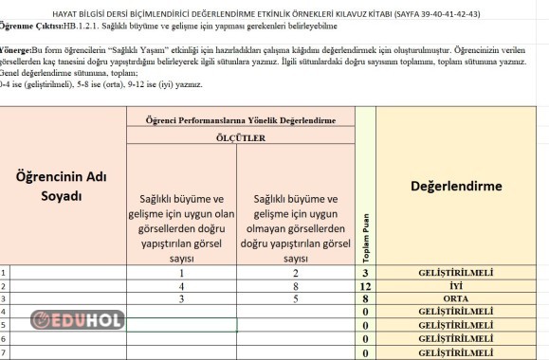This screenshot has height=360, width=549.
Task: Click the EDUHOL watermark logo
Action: point(79,320)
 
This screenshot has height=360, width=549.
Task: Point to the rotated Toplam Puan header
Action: point(365,236)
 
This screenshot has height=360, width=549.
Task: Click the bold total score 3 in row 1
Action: point(365,273)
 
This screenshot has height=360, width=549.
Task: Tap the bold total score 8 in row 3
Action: point(365,298)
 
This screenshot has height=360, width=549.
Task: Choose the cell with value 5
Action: point(295,297)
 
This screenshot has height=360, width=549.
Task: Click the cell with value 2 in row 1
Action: point(295,272)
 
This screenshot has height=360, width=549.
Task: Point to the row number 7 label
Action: point(4,352)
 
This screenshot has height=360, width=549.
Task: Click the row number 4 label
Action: point(4,312)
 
